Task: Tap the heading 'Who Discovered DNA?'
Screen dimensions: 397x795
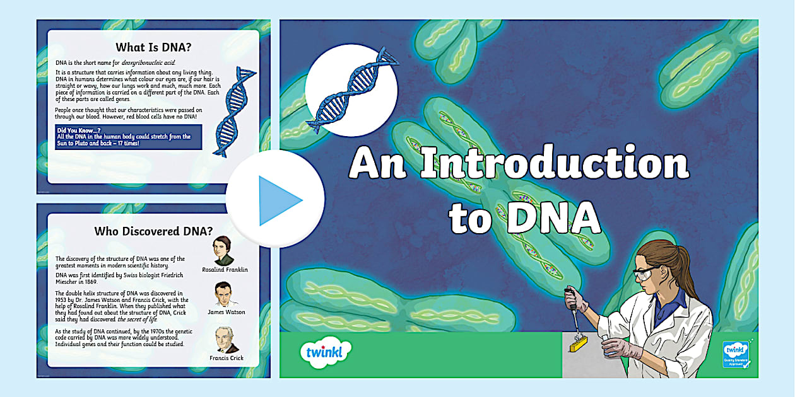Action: pyautogui.click(x=153, y=231)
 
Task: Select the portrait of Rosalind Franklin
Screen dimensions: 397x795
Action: pyautogui.click(x=225, y=251)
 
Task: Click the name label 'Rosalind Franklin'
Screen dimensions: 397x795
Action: pyautogui.click(x=225, y=270)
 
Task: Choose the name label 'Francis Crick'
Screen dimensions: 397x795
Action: pyautogui.click(x=226, y=358)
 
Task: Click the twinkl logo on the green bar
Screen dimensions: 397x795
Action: pyautogui.click(x=326, y=350)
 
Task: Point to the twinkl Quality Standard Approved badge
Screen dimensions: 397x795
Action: pyautogui.click(x=736, y=355)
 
